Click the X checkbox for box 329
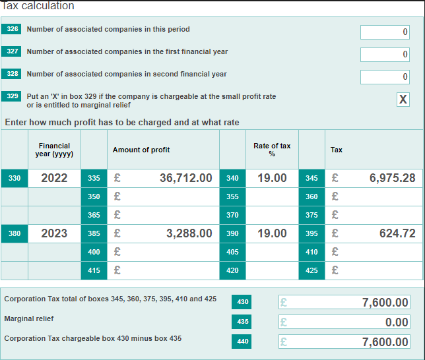(x=403, y=100)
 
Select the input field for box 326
(x=385, y=32)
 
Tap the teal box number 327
(x=13, y=51)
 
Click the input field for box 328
(x=385, y=77)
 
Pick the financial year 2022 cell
(x=54, y=178)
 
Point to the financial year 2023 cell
(x=54, y=233)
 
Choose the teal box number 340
(x=232, y=178)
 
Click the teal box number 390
(x=232, y=233)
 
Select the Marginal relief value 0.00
(x=344, y=322)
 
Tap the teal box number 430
(x=243, y=302)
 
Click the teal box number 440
(x=243, y=342)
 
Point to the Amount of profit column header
(x=141, y=150)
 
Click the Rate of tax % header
(x=272, y=150)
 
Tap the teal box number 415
(x=94, y=270)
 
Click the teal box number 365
(x=94, y=215)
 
